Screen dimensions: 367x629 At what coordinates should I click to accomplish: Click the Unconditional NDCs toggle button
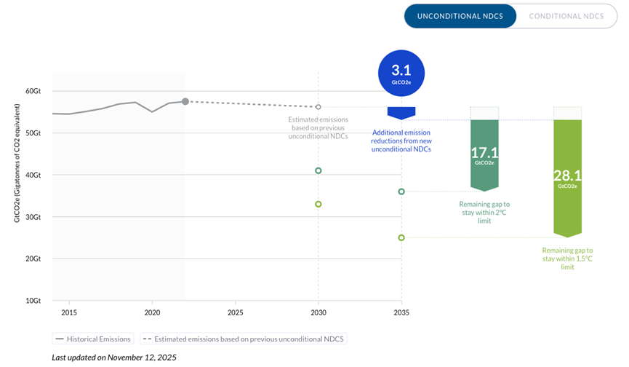point(460,16)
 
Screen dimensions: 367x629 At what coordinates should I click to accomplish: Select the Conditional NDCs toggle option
point(566,16)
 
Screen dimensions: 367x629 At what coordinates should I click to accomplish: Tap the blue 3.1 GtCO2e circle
point(401,74)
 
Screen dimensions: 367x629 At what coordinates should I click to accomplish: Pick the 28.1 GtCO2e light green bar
point(567,175)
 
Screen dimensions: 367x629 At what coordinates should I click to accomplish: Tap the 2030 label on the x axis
point(318,312)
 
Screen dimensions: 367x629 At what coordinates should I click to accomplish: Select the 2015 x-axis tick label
point(69,312)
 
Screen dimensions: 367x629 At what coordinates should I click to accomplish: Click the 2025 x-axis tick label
point(236,312)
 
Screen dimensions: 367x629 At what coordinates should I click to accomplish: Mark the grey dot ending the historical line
point(185,101)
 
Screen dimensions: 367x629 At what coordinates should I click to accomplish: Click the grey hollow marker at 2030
point(318,107)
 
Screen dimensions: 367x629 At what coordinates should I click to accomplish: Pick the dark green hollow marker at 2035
point(401,192)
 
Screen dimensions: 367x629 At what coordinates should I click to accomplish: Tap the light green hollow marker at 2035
point(401,237)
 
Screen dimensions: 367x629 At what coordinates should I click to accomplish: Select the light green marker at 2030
point(318,204)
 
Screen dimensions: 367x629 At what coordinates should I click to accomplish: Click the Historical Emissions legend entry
point(92,339)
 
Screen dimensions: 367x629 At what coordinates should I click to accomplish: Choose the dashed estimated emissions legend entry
point(244,339)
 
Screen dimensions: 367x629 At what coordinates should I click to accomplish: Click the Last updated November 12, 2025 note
point(114,358)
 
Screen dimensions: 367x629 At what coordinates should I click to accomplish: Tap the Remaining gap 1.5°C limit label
point(567,259)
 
